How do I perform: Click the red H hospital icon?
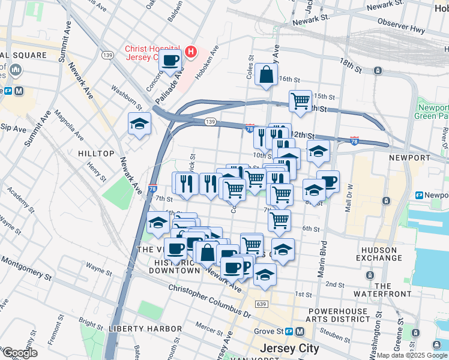191,52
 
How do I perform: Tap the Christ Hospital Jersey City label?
152,53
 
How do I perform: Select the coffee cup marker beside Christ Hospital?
170,61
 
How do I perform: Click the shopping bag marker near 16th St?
266,76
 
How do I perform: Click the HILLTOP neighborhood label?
96,154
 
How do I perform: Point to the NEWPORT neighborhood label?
410,157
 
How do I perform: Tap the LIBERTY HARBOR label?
145,329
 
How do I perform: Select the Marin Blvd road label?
322,258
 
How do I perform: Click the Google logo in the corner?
20,353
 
